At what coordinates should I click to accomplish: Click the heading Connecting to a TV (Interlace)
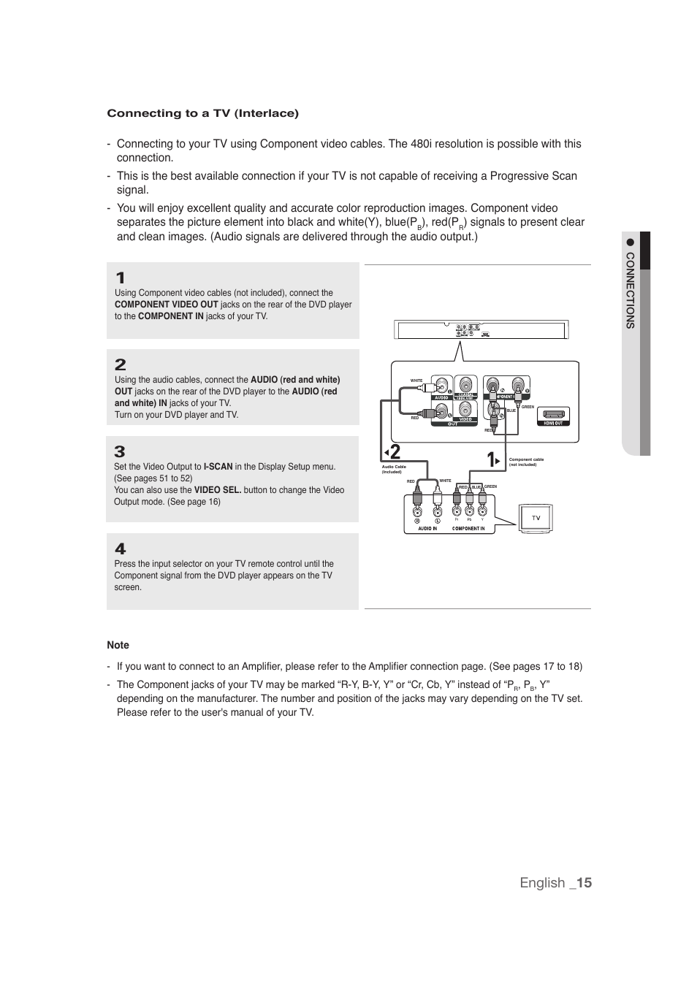[202, 113]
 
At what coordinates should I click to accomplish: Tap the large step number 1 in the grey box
[121, 278]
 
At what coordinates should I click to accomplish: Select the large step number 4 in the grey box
[121, 549]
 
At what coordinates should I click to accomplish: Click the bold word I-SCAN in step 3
[218, 467]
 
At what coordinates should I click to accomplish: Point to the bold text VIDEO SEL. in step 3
[218, 490]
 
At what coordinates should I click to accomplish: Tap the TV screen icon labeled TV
[536, 518]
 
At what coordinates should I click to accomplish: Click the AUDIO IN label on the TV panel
[427, 529]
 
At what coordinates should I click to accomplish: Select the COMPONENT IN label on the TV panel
[468, 529]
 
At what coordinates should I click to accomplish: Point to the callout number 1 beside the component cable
[492, 459]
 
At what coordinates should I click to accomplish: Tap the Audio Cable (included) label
[394, 469]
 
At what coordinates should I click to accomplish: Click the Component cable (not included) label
[526, 462]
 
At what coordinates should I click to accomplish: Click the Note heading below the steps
[118, 645]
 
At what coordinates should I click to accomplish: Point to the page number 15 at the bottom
[583, 882]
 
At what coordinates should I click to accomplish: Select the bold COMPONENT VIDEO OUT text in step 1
[166, 305]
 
